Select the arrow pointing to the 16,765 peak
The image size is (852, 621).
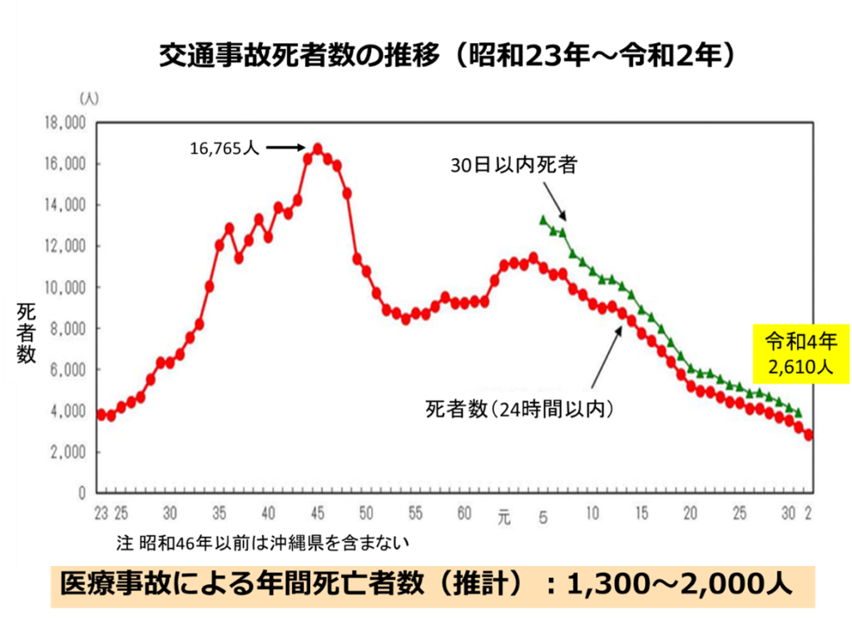click(288, 148)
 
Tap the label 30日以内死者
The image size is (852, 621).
click(513, 166)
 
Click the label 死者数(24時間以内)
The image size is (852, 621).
click(519, 409)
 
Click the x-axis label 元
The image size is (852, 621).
click(503, 515)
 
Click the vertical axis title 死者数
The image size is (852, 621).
click(27, 333)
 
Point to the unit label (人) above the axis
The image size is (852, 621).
click(89, 98)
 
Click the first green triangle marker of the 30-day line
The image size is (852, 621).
click(543, 220)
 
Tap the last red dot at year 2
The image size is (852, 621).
click(809, 435)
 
